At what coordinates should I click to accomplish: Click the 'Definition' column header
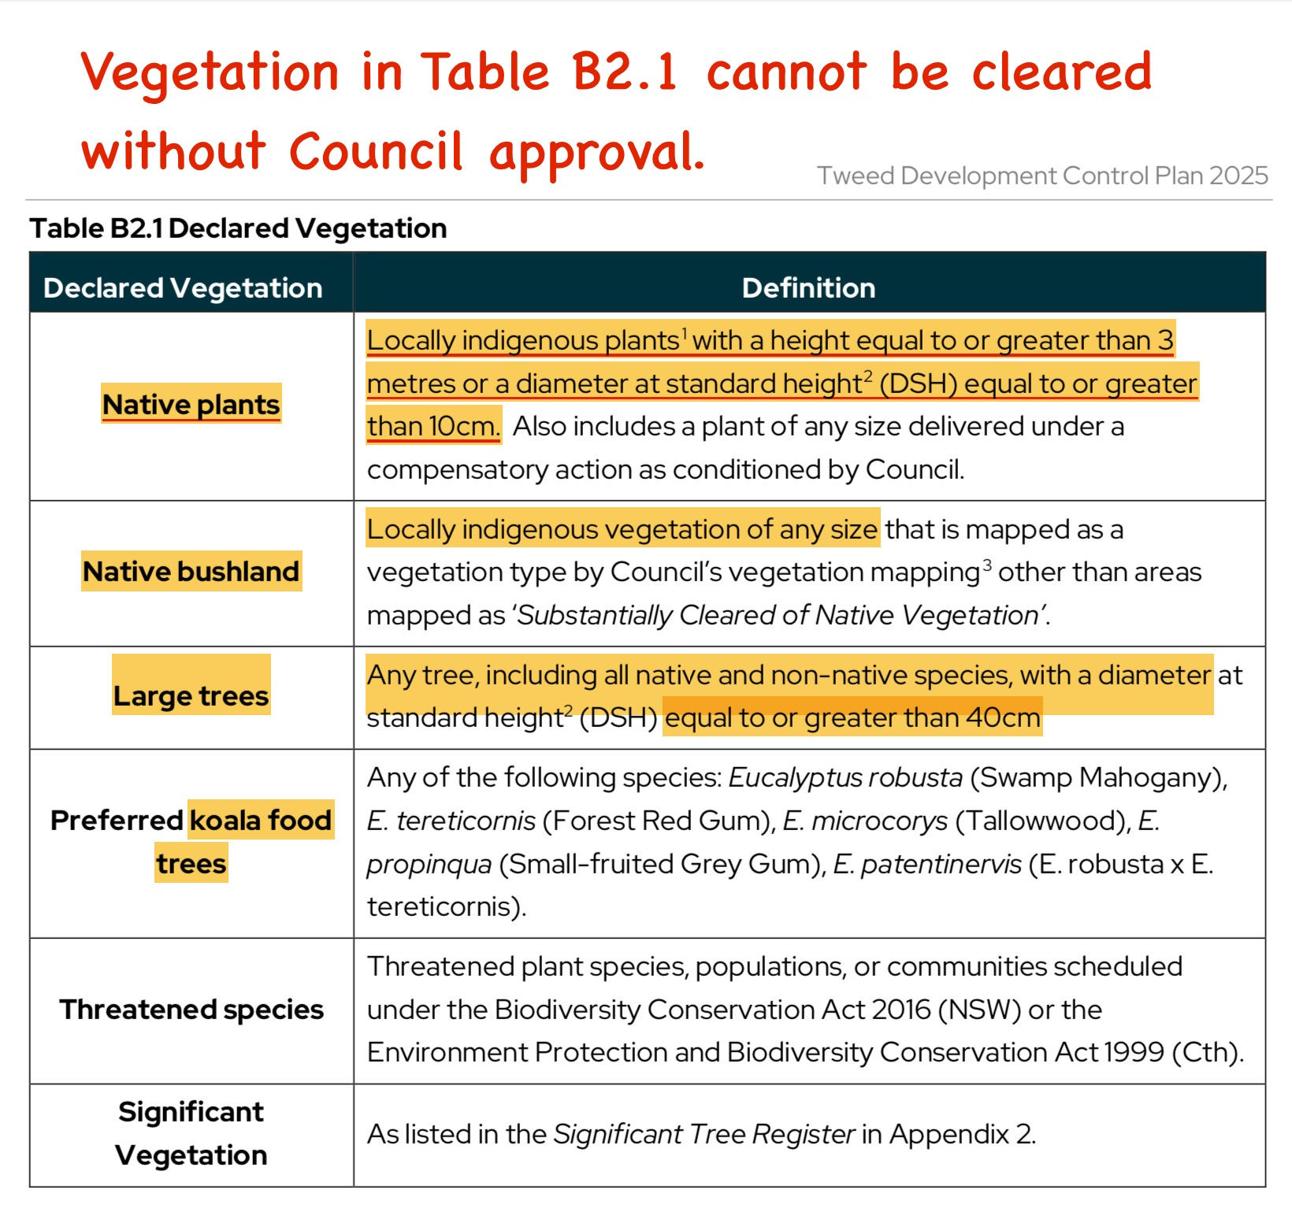click(x=808, y=288)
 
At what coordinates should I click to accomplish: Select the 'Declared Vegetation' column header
click(x=183, y=288)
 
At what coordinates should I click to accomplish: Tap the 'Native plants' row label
click(x=191, y=405)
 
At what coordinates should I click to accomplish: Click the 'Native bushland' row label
click(x=191, y=571)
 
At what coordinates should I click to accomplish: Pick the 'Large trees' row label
click(x=191, y=696)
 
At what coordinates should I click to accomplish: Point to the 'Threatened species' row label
click(x=191, y=1010)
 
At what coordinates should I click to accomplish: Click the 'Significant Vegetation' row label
click(x=191, y=1133)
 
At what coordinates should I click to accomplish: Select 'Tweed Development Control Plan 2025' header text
click(x=1041, y=176)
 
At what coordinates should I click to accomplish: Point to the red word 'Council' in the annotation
click(x=376, y=151)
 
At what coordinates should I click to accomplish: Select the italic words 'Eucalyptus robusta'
click(x=845, y=778)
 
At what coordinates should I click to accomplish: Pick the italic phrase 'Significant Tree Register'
click(x=704, y=1134)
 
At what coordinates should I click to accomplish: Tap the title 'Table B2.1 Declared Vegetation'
click(x=238, y=228)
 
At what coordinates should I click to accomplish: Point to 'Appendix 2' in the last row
click(x=961, y=1134)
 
